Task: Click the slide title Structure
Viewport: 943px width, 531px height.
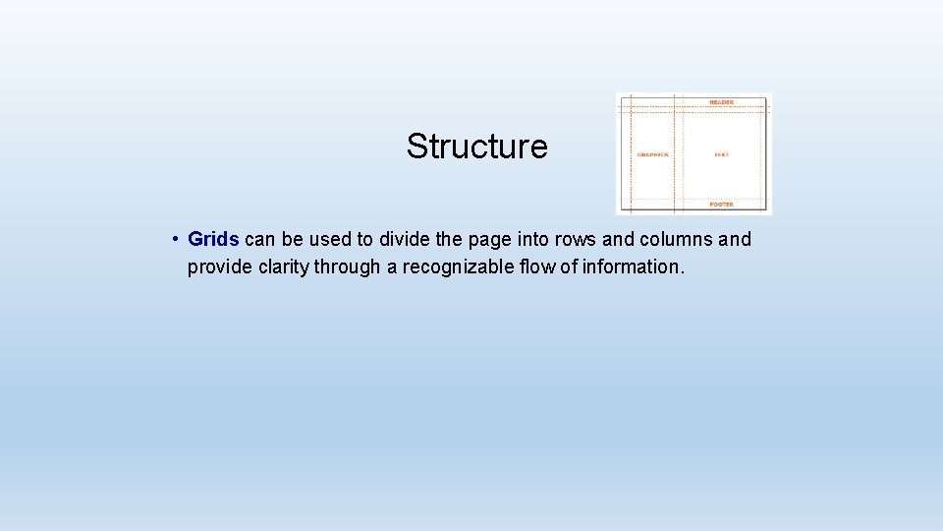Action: coord(476,147)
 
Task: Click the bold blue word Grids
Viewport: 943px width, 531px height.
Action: coord(213,239)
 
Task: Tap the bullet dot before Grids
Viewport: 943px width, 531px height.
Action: coord(172,239)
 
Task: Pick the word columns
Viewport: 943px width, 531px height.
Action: coord(678,239)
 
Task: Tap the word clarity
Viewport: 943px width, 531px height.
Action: coord(282,266)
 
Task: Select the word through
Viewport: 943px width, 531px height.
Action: coord(347,266)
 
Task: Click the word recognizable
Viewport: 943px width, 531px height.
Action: coord(450,266)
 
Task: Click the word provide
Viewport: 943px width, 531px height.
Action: coord(219,266)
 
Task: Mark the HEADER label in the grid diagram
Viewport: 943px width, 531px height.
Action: coord(721,102)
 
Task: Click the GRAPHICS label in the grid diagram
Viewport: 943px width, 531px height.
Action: coord(652,154)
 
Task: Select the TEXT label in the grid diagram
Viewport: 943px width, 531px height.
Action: coord(721,154)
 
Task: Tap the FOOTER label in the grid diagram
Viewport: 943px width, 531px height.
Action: coord(721,205)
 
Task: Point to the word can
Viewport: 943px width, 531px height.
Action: coord(259,239)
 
